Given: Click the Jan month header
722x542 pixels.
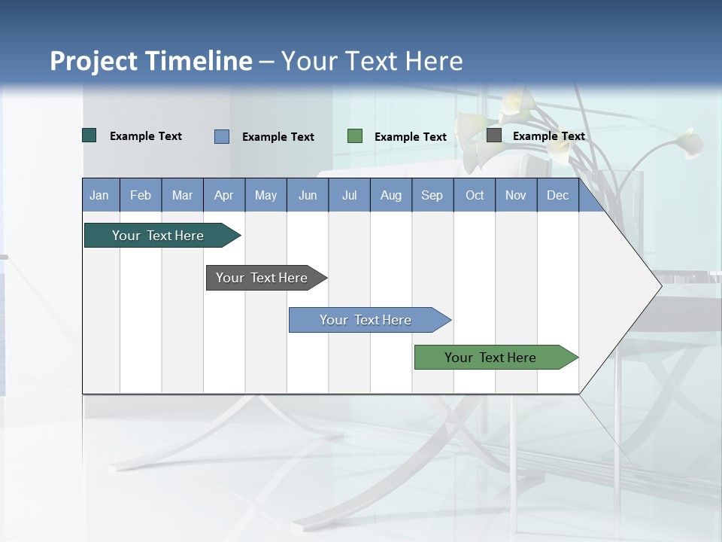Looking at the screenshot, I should (99, 195).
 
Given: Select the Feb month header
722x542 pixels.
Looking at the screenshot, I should (141, 195).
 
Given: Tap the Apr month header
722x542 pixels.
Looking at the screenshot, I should (223, 195).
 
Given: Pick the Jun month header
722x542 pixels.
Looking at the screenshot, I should (308, 195).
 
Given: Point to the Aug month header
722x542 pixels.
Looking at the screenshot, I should (390, 195).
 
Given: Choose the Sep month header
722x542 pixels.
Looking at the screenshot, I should (432, 195).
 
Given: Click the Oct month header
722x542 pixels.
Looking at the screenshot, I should (475, 195).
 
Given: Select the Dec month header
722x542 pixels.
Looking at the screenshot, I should (557, 195).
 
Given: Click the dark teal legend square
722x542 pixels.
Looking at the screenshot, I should (89, 135).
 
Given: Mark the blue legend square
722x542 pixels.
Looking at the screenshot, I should (222, 136).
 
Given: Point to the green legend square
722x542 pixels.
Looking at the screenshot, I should (355, 136).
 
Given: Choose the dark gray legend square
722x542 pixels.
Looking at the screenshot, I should (494, 135).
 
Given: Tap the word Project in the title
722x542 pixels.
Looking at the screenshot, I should (93, 61).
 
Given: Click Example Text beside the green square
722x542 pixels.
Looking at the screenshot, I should (411, 137).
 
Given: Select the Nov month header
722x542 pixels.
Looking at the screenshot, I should (516, 195).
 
